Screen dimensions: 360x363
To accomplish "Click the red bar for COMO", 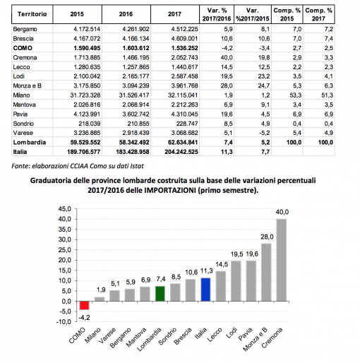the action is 84,305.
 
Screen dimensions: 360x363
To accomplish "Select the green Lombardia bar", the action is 160,294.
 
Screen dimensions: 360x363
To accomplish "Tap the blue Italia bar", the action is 205,290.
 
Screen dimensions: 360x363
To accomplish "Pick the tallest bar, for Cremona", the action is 282,260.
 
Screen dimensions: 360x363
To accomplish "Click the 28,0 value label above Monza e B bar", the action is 267,237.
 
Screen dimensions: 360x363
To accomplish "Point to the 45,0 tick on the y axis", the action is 64,209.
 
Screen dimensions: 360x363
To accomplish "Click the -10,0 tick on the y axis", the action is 64,321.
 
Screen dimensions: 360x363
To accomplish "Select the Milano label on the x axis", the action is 92,335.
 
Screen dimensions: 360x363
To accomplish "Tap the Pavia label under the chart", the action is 245,334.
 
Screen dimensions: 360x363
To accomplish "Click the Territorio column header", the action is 32,14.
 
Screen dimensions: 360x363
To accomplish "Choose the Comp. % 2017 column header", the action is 318,14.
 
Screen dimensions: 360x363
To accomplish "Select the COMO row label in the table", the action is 23,48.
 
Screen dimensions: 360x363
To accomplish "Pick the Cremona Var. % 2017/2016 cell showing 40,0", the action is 227,57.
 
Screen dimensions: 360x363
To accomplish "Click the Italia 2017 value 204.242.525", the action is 181,152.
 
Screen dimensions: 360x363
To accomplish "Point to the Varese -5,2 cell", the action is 264,133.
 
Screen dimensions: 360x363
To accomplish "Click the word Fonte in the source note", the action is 20,166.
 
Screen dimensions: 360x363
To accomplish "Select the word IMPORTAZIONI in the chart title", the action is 170,190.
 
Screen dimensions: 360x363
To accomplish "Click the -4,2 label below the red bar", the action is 84,318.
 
